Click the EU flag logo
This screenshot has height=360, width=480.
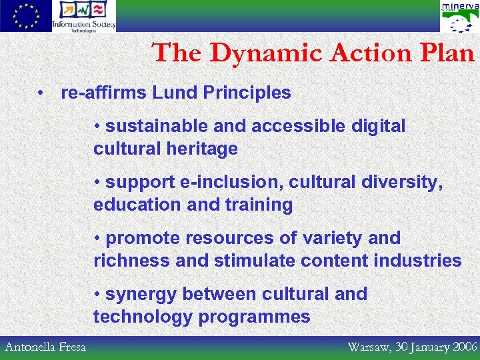pos(25,16)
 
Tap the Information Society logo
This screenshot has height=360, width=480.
pos(84,16)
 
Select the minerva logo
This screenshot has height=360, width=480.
pos(459,17)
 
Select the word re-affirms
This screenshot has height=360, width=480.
pos(103,93)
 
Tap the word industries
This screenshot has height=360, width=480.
pos(419,261)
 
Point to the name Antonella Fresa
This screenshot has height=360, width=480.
pos(45,347)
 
